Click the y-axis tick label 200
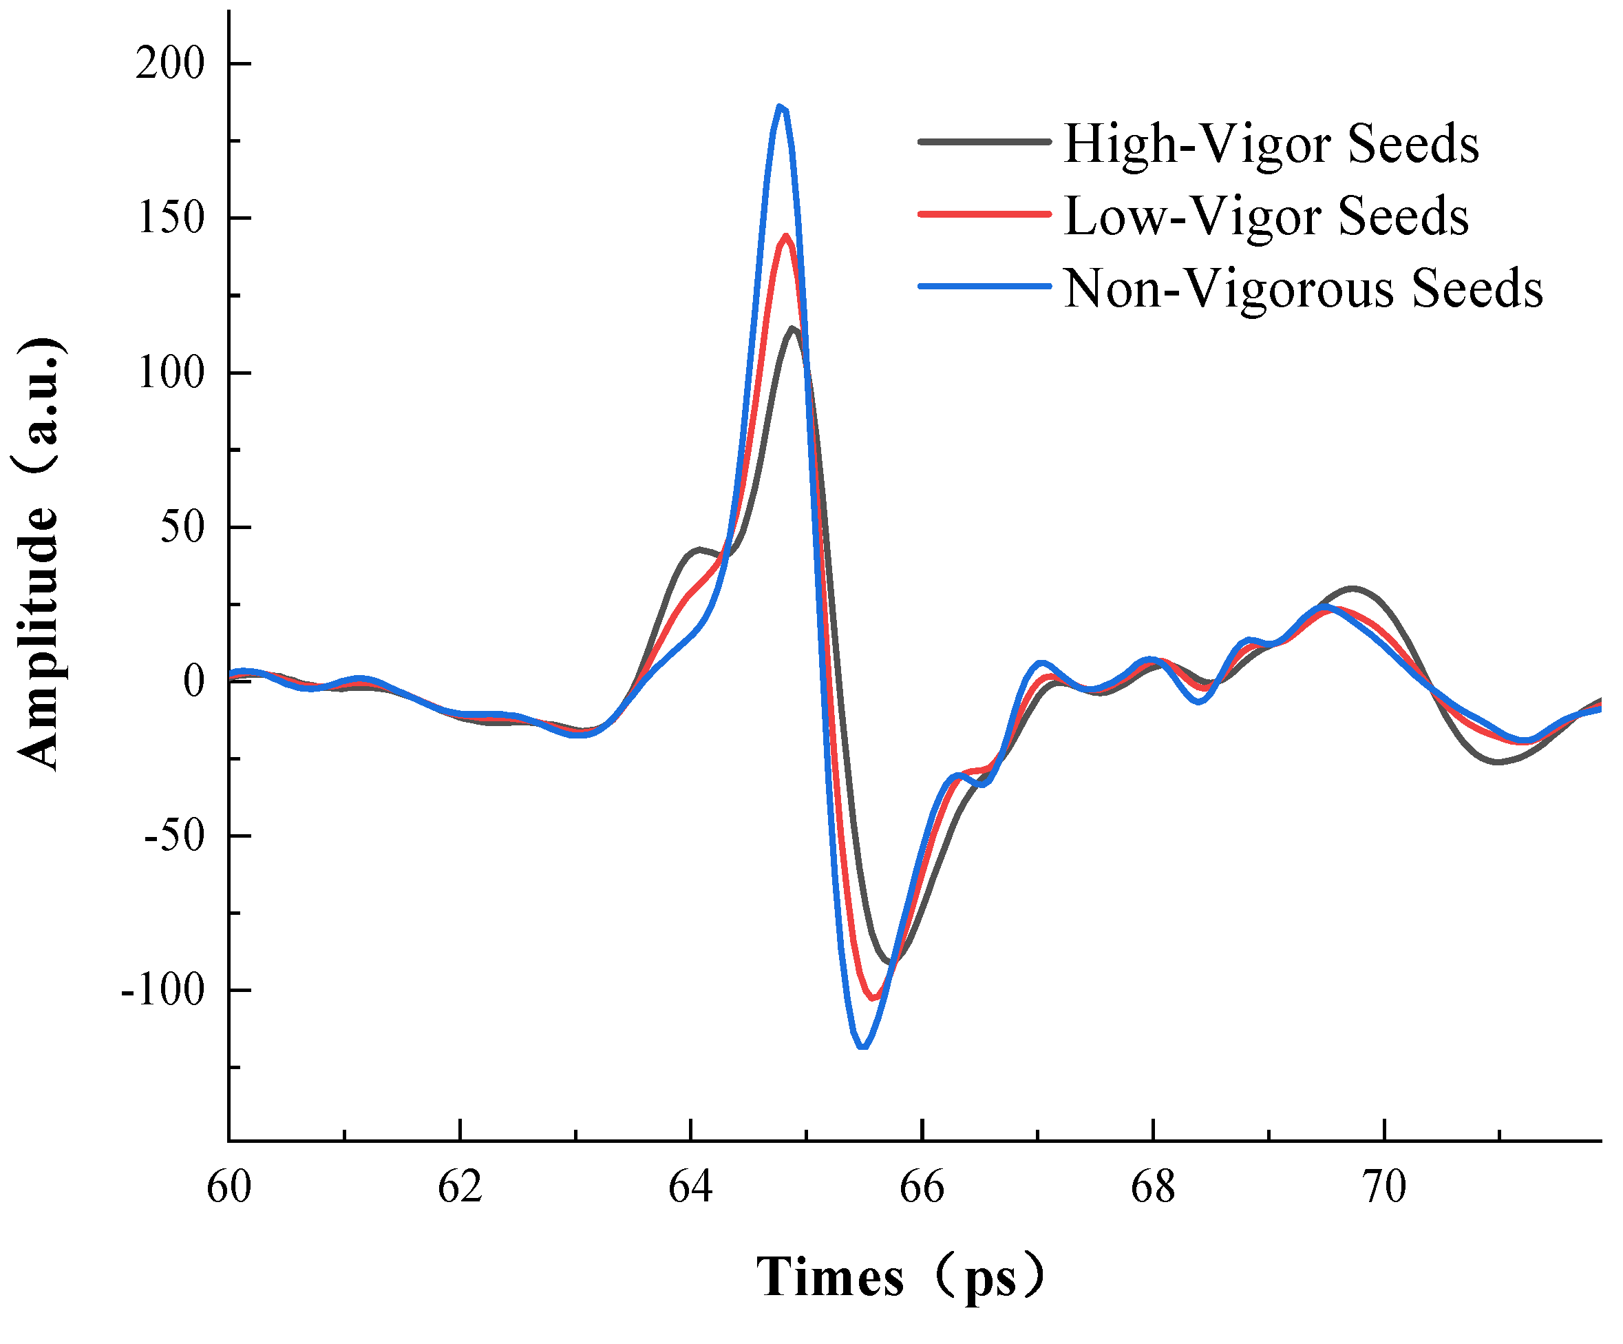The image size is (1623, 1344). (x=170, y=63)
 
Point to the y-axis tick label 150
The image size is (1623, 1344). (x=170, y=218)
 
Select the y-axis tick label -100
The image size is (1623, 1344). (x=162, y=990)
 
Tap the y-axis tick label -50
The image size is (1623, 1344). (x=174, y=836)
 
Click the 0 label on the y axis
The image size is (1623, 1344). (x=194, y=681)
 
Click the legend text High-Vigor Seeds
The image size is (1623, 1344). (x=1271, y=144)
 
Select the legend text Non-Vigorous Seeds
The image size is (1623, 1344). (x=1303, y=289)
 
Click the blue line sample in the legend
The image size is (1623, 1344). (x=985, y=286)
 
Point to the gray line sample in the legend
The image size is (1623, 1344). (x=985, y=141)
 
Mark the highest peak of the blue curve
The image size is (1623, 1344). (x=781, y=107)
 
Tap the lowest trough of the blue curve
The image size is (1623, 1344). (x=863, y=1047)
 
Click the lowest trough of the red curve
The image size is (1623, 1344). (x=873, y=997)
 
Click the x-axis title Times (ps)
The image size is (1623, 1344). (x=900, y=1277)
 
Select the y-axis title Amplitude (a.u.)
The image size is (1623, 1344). (x=39, y=553)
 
